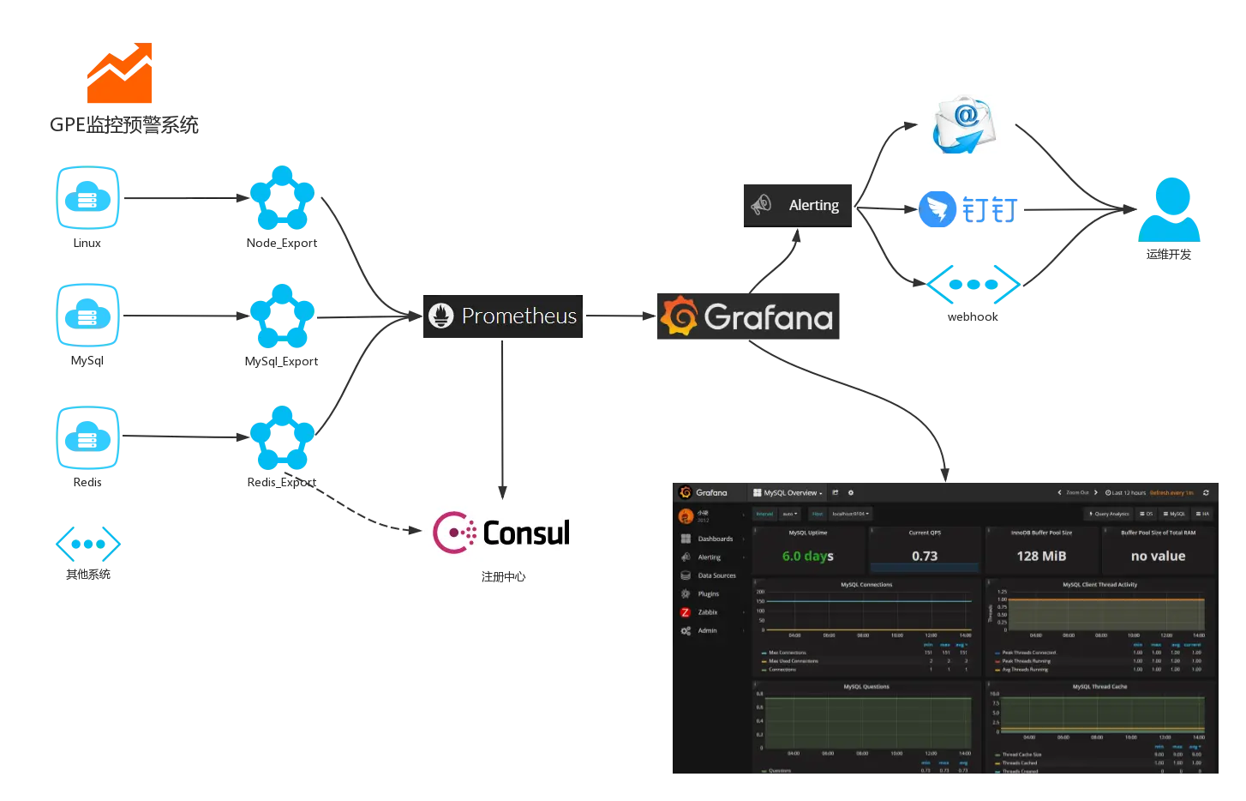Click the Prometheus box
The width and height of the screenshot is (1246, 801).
[501, 317]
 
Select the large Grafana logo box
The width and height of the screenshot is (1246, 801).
[746, 316]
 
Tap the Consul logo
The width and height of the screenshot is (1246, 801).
[500, 532]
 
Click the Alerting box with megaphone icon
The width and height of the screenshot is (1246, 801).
[798, 205]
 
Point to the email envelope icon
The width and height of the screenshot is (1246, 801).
[966, 123]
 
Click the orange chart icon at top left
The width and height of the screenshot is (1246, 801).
[121, 75]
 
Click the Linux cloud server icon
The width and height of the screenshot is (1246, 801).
[88, 198]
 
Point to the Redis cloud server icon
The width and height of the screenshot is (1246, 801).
[88, 437]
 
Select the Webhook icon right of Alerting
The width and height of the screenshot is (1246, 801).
[973, 285]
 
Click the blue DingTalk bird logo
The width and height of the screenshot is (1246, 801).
[937, 209]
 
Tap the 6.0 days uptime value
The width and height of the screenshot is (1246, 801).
[807, 556]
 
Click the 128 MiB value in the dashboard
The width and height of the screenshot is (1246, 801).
[1041, 556]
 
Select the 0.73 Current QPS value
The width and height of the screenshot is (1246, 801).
[925, 556]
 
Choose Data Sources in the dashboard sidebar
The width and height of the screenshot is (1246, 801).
[716, 575]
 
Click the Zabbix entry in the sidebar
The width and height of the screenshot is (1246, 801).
[707, 612]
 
